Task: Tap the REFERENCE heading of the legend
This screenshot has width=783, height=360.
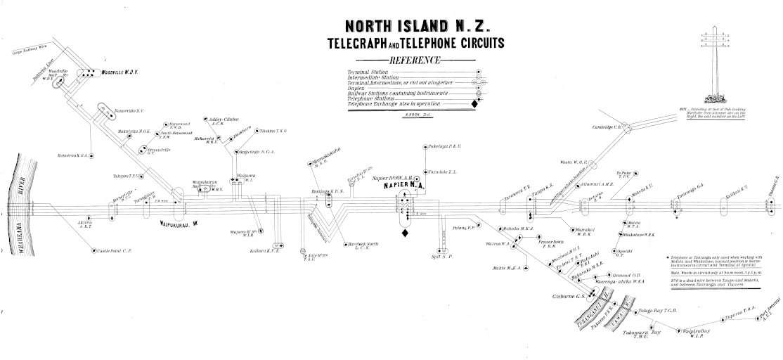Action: pos(414,60)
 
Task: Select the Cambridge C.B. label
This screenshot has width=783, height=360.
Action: pos(609,127)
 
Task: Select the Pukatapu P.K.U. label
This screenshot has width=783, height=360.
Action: pos(444,147)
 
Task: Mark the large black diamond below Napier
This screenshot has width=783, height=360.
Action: pos(405,233)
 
